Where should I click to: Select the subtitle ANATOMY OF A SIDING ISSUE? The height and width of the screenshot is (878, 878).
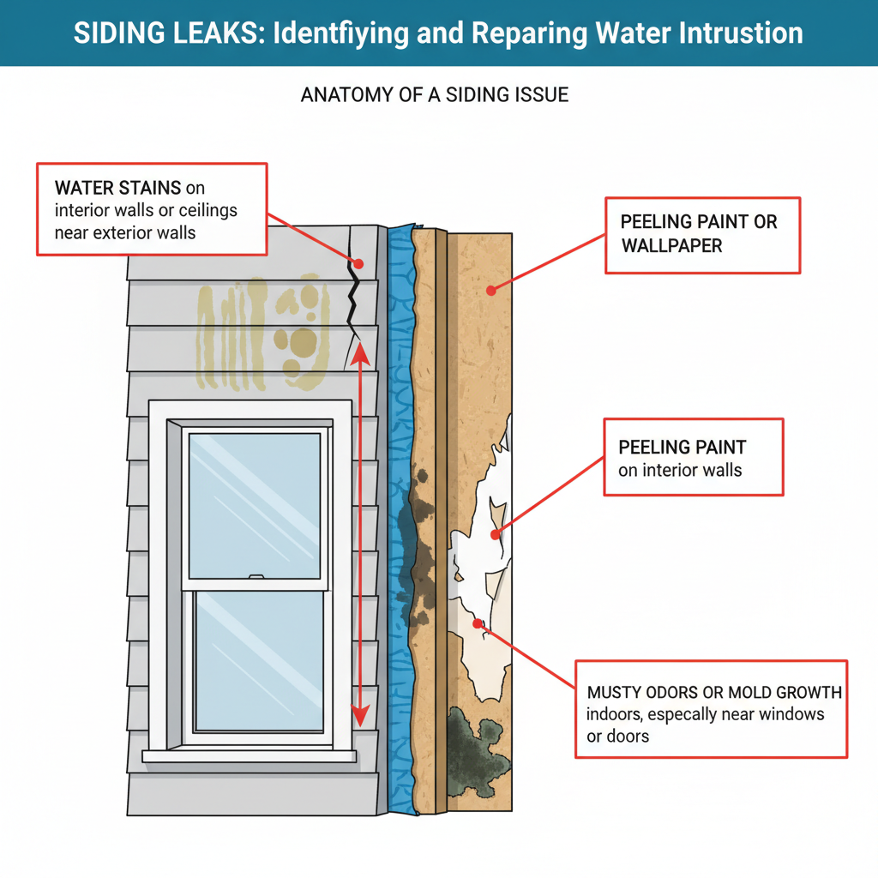click(x=434, y=95)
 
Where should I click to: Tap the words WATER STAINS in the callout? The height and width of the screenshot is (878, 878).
click(x=117, y=187)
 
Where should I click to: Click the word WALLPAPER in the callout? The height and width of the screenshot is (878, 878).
click(x=671, y=246)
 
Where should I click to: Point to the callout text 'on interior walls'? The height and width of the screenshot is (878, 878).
click(x=679, y=470)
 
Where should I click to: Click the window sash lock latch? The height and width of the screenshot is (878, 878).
click(x=254, y=579)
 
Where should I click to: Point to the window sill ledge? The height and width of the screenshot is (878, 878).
click(x=249, y=756)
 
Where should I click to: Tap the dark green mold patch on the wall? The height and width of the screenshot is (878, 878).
click(x=477, y=743)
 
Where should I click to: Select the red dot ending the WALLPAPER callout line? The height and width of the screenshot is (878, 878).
click(x=490, y=290)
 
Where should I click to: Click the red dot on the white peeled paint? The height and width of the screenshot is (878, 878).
click(x=494, y=534)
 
